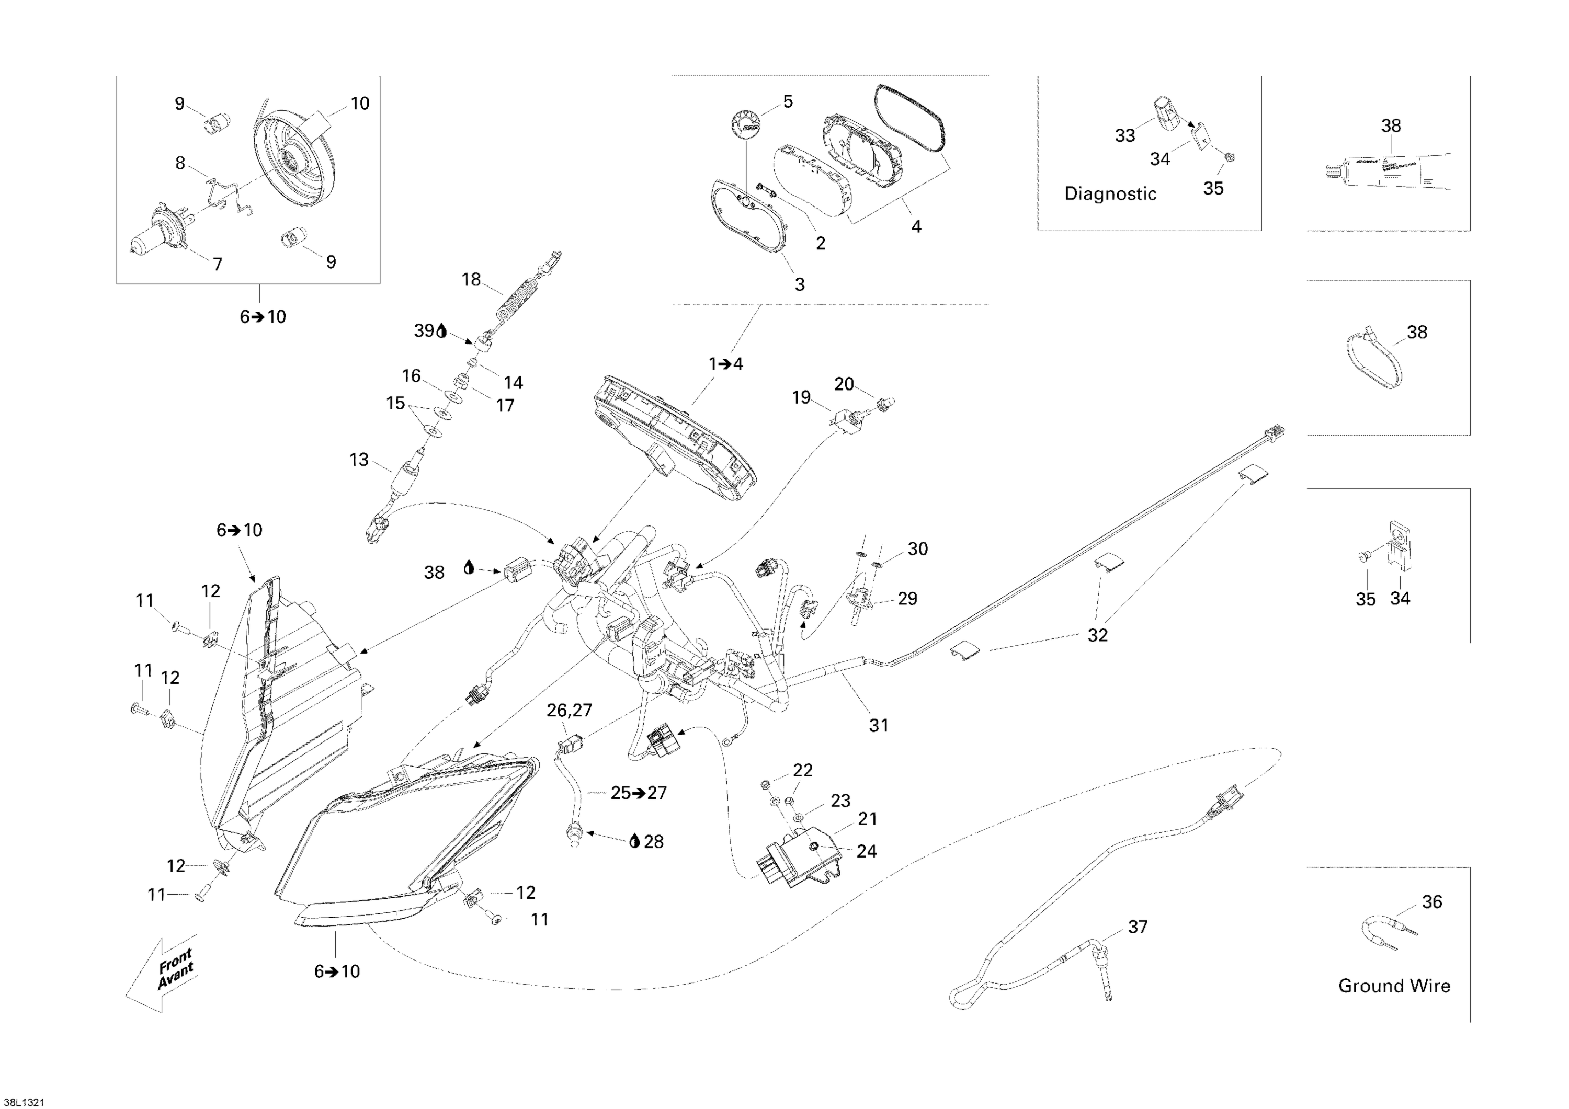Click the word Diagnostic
click(x=1110, y=194)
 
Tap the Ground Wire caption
click(x=1394, y=986)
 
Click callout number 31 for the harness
click(x=879, y=726)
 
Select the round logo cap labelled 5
click(x=744, y=127)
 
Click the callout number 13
click(x=359, y=460)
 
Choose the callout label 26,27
click(x=569, y=711)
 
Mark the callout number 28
click(x=654, y=842)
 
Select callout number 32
click(x=1097, y=635)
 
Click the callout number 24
click(x=867, y=851)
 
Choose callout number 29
click(x=907, y=599)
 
